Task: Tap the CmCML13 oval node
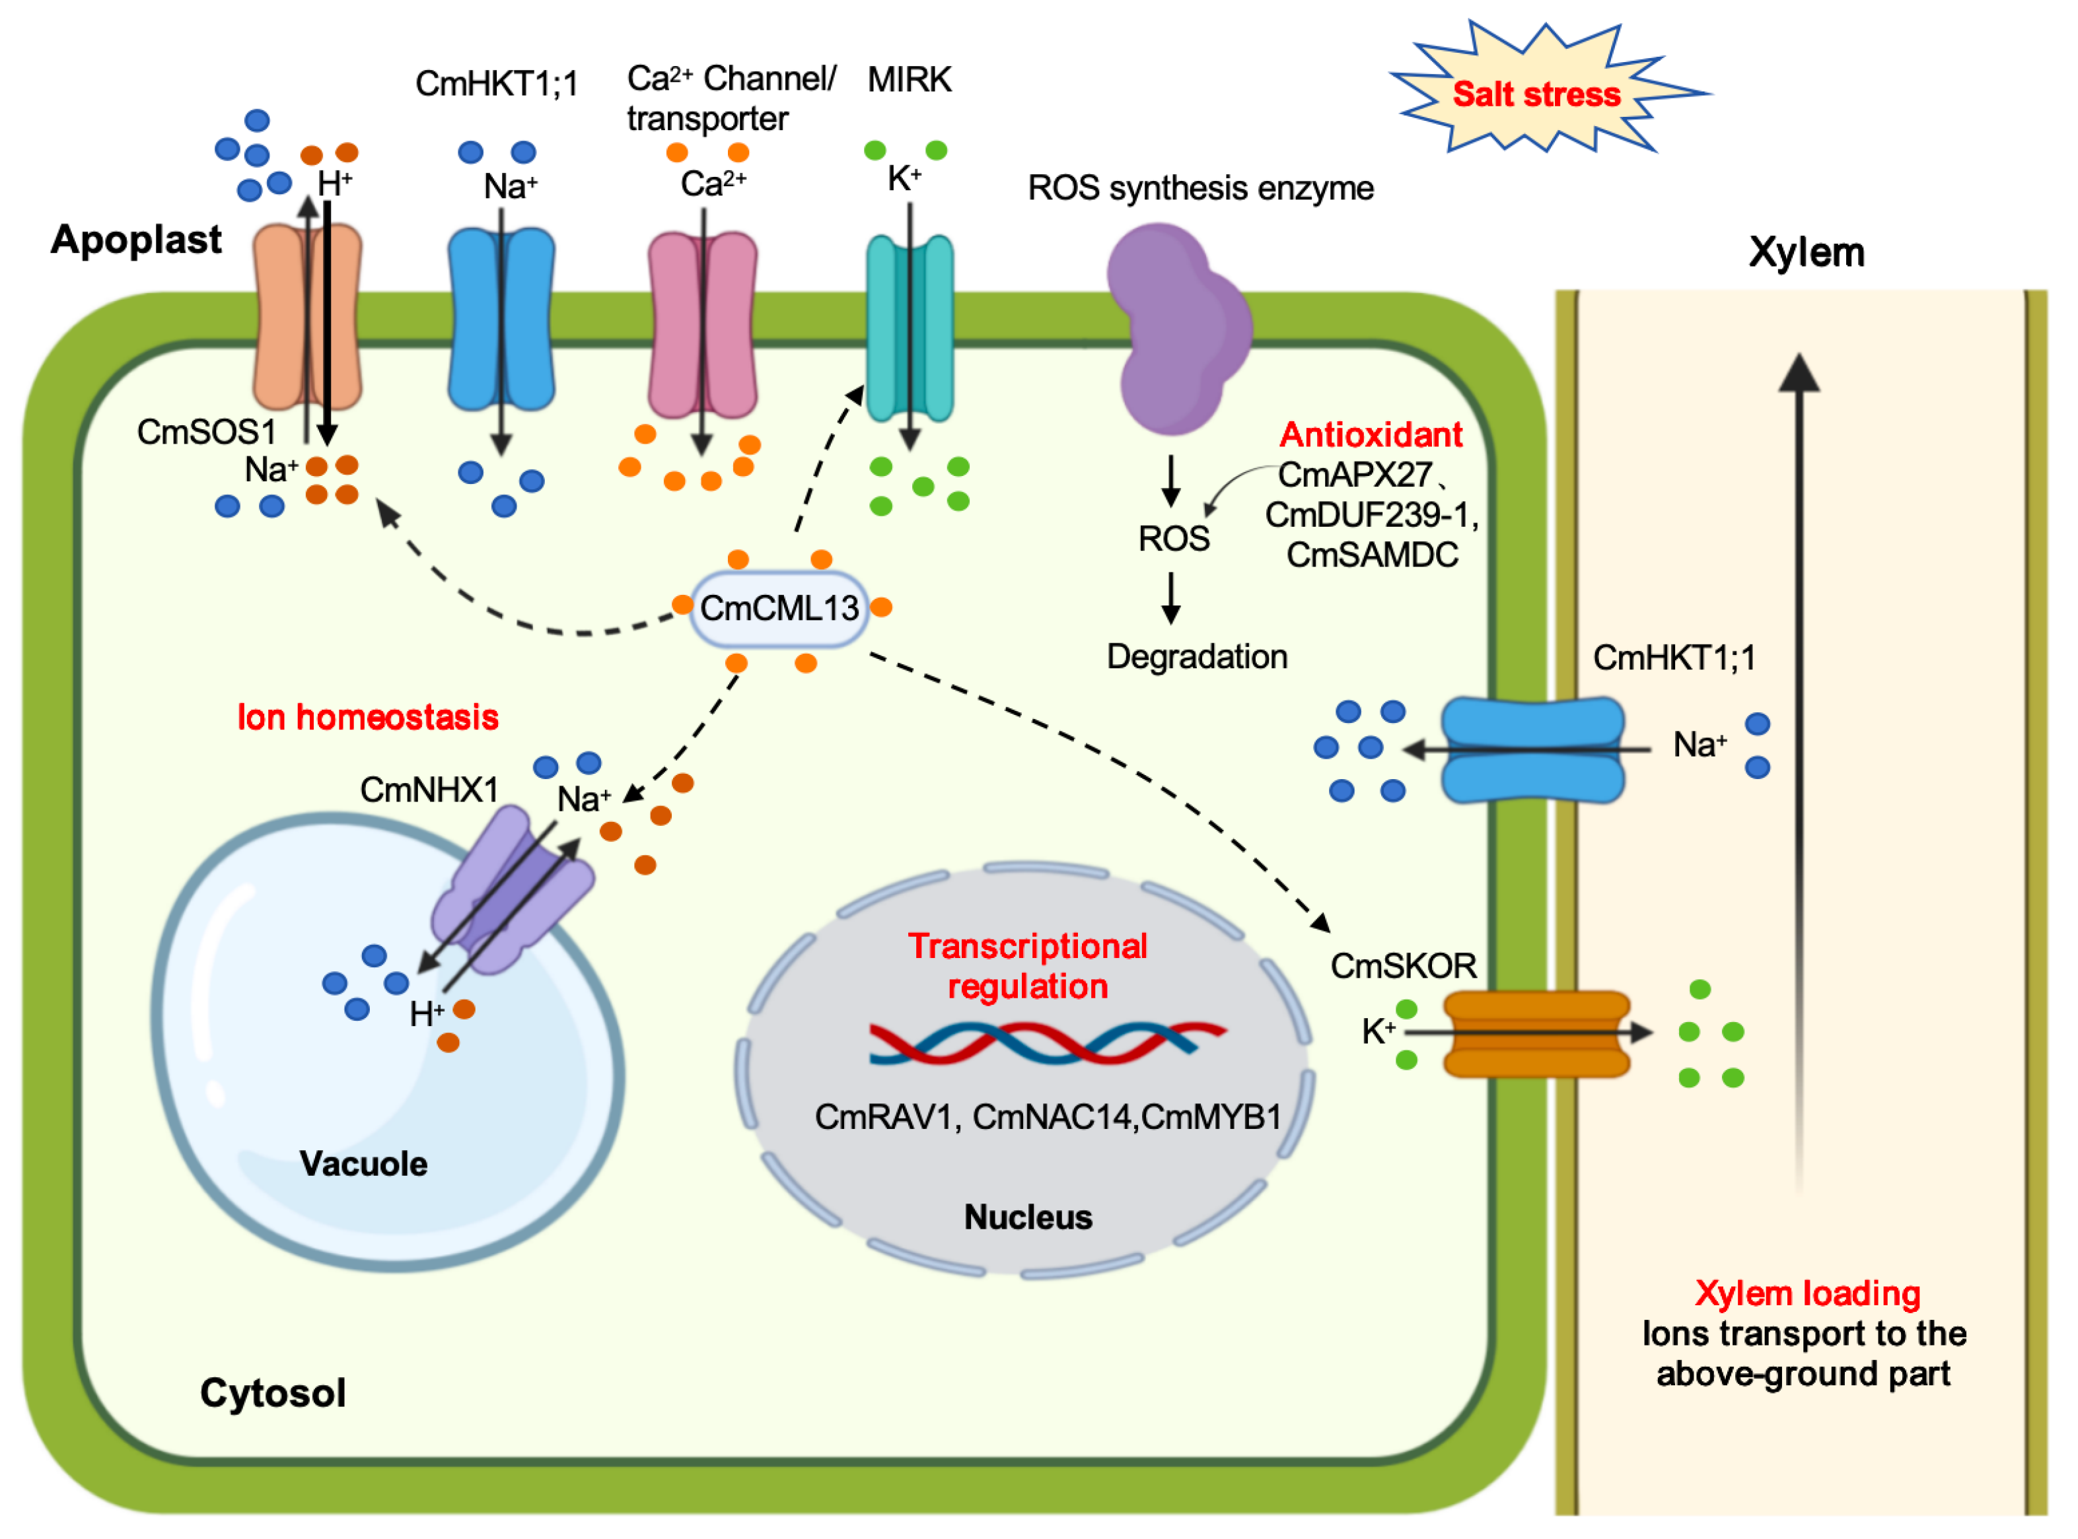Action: pos(779,608)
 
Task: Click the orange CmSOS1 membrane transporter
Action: pos(308,317)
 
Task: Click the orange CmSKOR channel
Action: pos(1536,1033)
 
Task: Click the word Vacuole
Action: pos(363,1163)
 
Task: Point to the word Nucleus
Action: pos(1028,1217)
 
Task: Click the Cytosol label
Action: pos(272,1392)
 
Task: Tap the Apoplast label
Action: pos(136,240)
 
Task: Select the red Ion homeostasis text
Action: pos(367,717)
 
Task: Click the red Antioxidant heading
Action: pos(1371,434)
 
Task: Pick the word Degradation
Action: pos(1196,657)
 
